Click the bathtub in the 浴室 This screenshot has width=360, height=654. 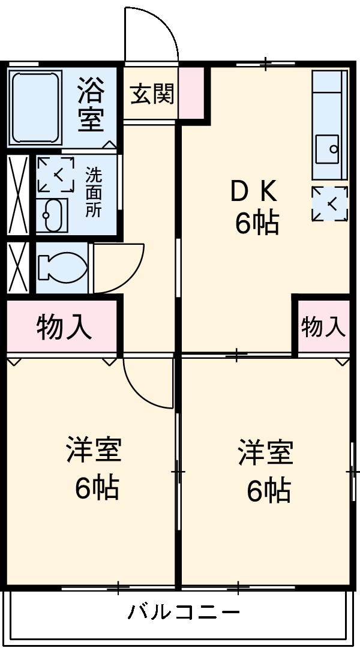click(35, 108)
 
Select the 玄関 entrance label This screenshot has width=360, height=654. click(152, 94)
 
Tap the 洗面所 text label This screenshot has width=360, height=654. click(94, 192)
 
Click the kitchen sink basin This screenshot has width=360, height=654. click(328, 149)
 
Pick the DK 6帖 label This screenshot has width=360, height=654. click(254, 209)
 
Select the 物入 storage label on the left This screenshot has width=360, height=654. click(64, 326)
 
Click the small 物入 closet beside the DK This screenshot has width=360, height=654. click(324, 326)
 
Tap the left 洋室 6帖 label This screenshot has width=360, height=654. click(95, 467)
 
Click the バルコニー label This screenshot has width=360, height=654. click(184, 612)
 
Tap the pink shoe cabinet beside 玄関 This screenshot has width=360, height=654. click(191, 92)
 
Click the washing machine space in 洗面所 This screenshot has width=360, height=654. click(55, 175)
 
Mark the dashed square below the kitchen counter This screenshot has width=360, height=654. click(330, 203)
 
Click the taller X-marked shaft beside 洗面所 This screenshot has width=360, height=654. click(18, 195)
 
